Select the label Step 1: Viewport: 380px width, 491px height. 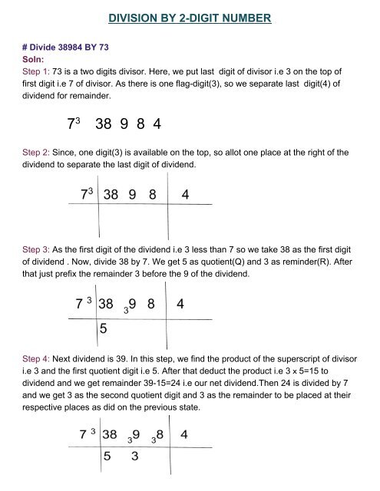point(34,68)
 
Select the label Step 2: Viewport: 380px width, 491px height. point(34,152)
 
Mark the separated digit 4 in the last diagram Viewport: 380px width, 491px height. point(184,435)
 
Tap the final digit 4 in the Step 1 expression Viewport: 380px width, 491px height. point(156,123)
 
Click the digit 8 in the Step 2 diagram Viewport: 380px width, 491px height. point(154,196)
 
